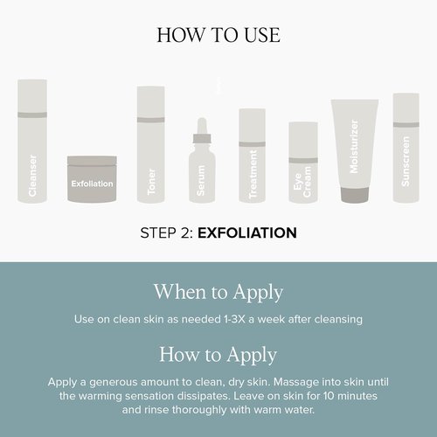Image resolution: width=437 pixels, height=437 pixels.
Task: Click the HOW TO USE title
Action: [218, 35]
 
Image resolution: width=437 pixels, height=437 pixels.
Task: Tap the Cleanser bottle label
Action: [32, 176]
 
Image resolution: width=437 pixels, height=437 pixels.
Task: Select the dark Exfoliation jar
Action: [92, 178]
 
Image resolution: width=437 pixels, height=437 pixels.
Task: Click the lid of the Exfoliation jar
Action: [92, 161]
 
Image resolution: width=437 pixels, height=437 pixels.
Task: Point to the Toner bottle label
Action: [151, 182]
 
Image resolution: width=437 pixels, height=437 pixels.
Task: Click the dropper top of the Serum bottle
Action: [202, 130]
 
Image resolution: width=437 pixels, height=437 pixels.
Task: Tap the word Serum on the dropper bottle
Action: [201, 181]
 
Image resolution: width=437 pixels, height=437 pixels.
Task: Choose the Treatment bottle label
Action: [253, 174]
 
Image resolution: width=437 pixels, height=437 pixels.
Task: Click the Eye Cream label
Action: [303, 182]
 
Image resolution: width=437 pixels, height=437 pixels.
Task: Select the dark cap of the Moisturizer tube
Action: [355, 195]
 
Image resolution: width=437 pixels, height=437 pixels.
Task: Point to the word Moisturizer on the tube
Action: [354, 147]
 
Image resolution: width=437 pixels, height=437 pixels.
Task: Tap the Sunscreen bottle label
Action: [406, 162]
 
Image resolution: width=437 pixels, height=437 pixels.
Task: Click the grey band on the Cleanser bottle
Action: [32, 114]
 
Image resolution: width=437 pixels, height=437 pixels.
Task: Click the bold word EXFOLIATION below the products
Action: [247, 233]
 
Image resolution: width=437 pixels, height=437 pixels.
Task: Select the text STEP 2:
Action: [167, 233]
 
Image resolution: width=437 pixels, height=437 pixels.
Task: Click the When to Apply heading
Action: [218, 292]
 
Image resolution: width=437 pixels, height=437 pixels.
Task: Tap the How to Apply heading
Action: [218, 355]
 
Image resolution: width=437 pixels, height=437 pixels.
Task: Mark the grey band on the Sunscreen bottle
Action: [406, 125]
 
